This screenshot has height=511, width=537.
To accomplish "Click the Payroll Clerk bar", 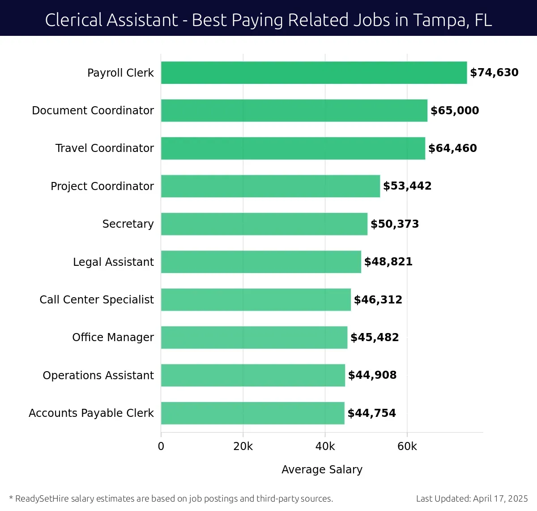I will tap(314, 73).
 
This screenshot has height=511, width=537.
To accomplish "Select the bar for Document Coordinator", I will tap(294, 110).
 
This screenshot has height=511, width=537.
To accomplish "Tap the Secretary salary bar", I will tap(264, 224).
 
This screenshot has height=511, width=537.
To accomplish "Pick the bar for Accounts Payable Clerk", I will tap(252, 413).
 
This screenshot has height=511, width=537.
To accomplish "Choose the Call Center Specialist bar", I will tap(256, 299).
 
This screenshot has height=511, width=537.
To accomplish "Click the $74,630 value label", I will tap(494, 73).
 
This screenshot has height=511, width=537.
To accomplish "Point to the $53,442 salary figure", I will tap(407, 186).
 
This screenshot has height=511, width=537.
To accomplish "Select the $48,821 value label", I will tap(388, 262).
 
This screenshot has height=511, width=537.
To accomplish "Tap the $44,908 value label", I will tap(372, 375).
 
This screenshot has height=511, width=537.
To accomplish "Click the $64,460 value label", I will tap(452, 148).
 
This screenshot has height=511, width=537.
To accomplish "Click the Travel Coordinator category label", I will tap(104, 148).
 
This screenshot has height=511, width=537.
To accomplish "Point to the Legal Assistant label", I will tap(113, 262).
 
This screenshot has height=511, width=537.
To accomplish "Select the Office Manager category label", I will tap(113, 337).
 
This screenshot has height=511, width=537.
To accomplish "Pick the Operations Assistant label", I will tap(98, 375).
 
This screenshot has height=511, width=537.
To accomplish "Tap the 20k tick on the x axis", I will tap(243, 446).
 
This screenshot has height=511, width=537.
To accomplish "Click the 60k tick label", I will tap(407, 446).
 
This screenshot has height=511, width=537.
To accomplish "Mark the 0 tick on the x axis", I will tap(161, 446).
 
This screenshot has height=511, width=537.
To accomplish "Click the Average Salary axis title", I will tap(322, 469).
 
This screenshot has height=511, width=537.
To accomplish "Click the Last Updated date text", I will tap(472, 498).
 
